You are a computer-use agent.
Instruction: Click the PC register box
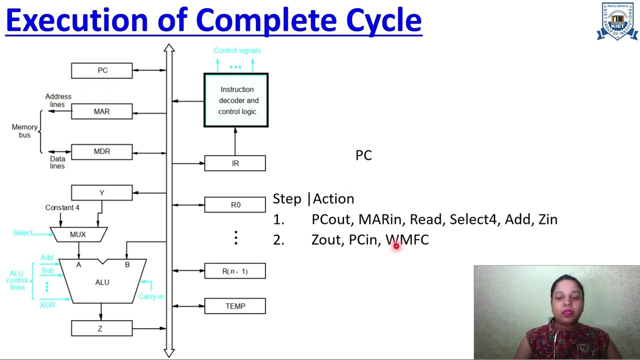point(102,70)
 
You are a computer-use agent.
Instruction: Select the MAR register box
point(102,111)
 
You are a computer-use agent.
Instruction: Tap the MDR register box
point(102,151)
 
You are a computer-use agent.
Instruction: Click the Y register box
point(102,193)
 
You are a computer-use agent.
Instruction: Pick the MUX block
point(78,234)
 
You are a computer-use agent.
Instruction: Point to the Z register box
point(102,328)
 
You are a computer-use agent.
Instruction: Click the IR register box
point(235,163)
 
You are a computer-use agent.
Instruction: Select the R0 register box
point(235,205)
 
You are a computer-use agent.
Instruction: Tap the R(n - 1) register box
point(235,271)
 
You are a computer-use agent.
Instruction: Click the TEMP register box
point(235,306)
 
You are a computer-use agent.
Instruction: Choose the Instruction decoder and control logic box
point(236,100)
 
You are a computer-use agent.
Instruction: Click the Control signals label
point(237,50)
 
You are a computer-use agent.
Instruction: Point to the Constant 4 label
point(62,207)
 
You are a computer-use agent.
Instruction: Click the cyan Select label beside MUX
point(23,233)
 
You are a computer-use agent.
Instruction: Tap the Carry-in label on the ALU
point(151,296)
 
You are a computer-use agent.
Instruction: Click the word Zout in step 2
point(326,240)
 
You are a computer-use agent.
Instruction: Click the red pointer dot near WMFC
point(396,245)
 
